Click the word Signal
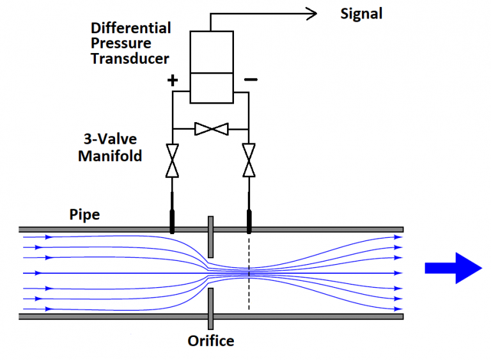[x=361, y=13]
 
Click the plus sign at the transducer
[x=172, y=81]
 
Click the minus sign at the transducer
[x=251, y=80]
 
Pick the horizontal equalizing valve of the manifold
[x=210, y=129]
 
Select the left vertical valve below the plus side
[x=172, y=160]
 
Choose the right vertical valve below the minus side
[x=249, y=160]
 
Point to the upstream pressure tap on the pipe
[x=172, y=219]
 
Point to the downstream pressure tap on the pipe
[x=249, y=219]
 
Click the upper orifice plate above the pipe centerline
[x=210, y=237]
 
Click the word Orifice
[x=210, y=341]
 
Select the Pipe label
[x=84, y=214]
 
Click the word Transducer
[x=130, y=59]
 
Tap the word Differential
[x=130, y=28]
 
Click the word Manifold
[x=109, y=155]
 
